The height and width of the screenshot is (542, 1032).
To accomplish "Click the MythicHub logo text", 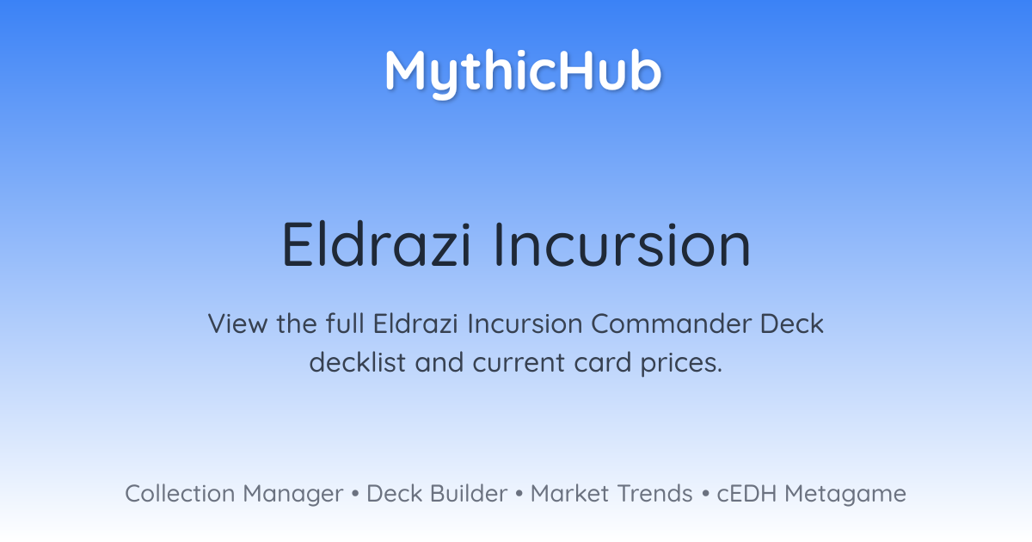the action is point(524,74).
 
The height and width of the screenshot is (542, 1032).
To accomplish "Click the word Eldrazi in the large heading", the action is point(377,244).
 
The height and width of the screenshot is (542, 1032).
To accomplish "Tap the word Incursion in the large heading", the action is point(623,244).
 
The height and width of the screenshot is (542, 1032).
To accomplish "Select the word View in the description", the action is point(237,323).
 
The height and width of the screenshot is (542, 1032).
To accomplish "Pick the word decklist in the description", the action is point(357,362).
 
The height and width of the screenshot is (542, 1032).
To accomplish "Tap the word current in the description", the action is point(519,363).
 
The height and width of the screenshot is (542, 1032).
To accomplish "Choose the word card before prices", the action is point(603,362).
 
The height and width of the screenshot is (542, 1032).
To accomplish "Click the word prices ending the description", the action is point(681,364).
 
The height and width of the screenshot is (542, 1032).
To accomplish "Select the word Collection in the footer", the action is point(180,494).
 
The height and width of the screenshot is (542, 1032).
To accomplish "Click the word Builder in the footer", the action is point(469,494).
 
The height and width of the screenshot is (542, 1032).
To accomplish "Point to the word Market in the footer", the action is point(569,494).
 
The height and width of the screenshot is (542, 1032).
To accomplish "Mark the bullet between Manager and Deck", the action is point(354,494).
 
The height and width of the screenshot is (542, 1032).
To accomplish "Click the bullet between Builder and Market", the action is point(519,494).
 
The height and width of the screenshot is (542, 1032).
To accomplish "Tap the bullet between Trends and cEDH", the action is point(705,494).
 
